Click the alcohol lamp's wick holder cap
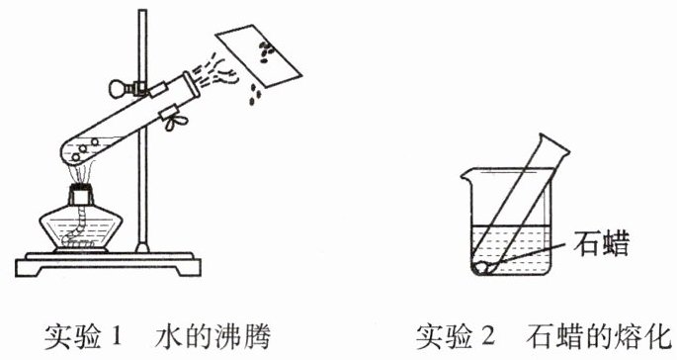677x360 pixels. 81,196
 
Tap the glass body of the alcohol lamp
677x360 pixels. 81,228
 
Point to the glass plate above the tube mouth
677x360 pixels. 258,56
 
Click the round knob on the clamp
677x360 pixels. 117,89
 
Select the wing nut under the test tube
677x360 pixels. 175,121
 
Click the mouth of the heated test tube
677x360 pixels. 192,85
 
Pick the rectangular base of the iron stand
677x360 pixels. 108,264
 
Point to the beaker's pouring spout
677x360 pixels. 466,175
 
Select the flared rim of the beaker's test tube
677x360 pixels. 553,145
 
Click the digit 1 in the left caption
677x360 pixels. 117,336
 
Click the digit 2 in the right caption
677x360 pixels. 488,336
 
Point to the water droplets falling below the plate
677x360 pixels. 255,95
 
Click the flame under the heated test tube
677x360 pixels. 80,175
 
